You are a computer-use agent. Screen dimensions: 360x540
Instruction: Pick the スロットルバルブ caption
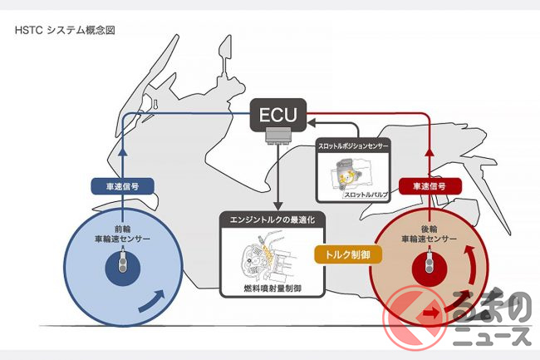367,194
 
